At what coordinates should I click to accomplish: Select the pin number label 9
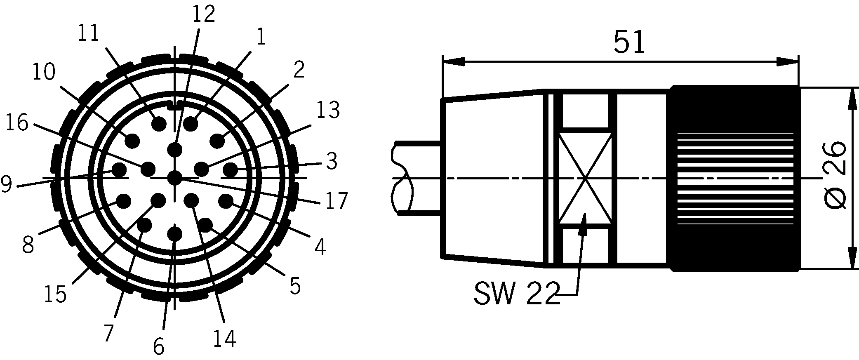point(6,185)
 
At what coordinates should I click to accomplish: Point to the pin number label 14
point(224,339)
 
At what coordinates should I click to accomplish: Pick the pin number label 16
point(17,123)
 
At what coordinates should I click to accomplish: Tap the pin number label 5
point(295,286)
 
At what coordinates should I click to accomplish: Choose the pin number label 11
point(89,33)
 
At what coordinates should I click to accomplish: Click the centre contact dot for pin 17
point(175,179)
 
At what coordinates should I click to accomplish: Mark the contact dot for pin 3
point(230,169)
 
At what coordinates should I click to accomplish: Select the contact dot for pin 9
point(120,169)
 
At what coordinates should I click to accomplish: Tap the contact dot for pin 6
point(175,234)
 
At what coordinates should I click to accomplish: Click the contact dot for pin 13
point(201,169)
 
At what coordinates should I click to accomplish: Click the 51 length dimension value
point(629,42)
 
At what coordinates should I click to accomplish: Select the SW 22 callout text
point(517,294)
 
